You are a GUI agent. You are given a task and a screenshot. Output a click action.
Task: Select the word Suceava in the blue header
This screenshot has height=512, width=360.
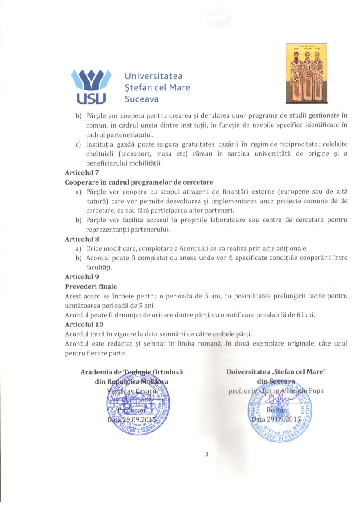pyautogui.click(x=141, y=99)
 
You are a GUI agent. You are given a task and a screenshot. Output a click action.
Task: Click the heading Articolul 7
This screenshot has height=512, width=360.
pyautogui.click(x=82, y=172)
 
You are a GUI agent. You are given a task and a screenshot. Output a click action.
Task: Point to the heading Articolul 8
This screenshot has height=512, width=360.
pyautogui.click(x=82, y=239)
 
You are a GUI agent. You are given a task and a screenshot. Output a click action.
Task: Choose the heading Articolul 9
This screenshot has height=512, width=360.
pyautogui.click(x=82, y=277)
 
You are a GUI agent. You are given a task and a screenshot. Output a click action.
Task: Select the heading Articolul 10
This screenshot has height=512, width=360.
pyautogui.click(x=84, y=324)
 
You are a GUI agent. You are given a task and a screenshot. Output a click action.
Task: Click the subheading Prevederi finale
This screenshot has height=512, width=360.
pyautogui.click(x=91, y=286)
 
